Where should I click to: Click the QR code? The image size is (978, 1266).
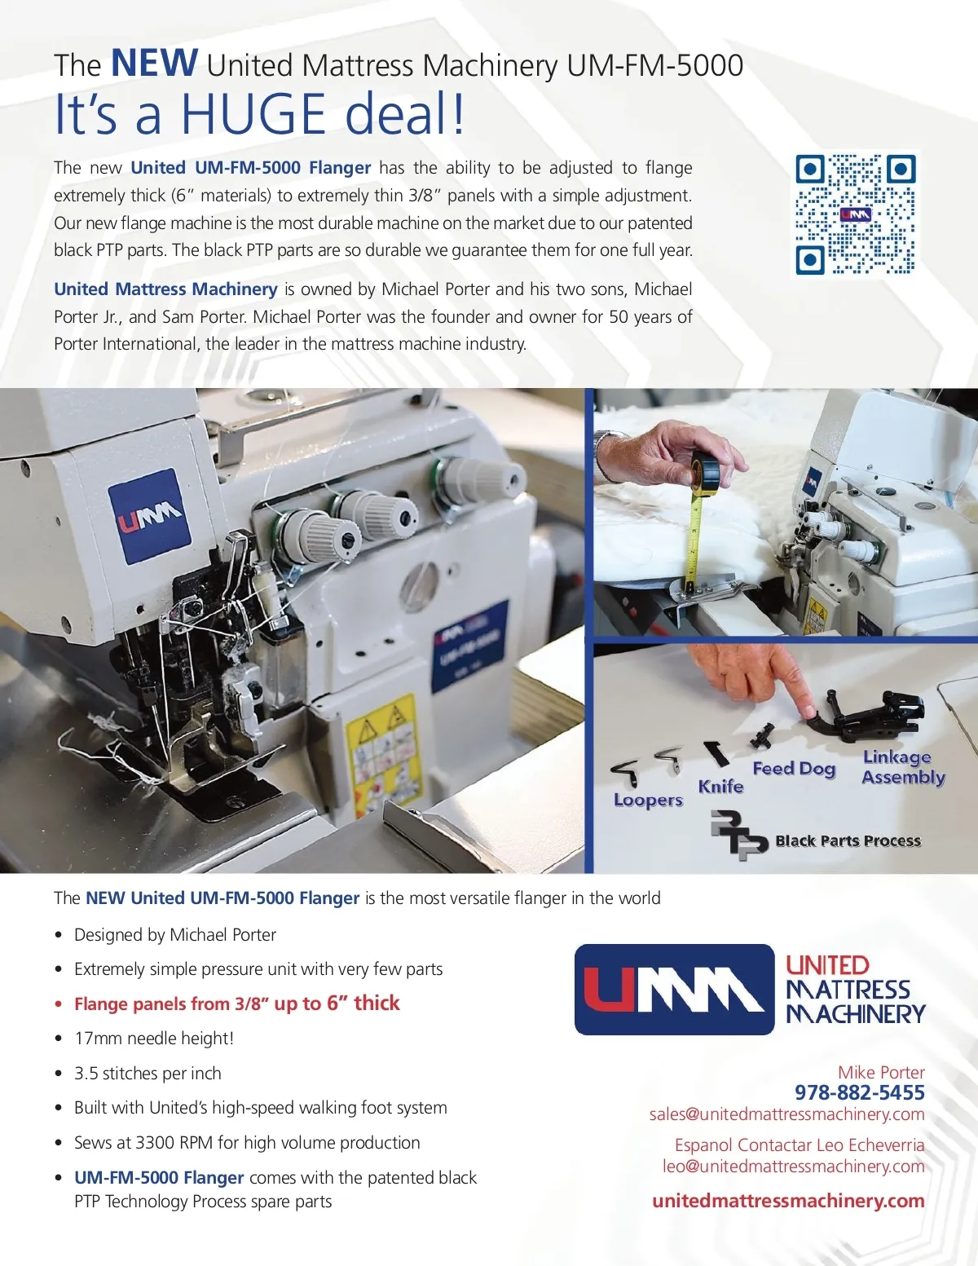(x=855, y=214)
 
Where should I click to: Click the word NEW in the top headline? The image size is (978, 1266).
(x=154, y=63)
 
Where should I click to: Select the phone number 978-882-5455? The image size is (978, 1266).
(x=859, y=1092)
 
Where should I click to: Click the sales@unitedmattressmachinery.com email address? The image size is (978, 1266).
(x=787, y=1114)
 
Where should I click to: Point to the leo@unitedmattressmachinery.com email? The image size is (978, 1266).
(x=793, y=1166)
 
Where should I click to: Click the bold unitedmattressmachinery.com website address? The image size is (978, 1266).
(x=788, y=1201)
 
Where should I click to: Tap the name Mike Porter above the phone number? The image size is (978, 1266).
(x=881, y=1072)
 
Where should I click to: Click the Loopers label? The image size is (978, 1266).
(x=648, y=800)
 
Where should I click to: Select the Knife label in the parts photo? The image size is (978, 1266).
(x=720, y=787)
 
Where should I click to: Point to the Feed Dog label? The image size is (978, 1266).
(x=794, y=769)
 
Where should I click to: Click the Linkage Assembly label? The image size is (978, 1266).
(x=903, y=767)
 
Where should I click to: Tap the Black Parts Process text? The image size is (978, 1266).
(x=848, y=840)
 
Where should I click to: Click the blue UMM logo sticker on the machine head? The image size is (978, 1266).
(x=150, y=515)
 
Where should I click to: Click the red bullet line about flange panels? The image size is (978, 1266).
(x=236, y=1004)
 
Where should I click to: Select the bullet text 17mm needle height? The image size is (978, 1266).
(x=154, y=1039)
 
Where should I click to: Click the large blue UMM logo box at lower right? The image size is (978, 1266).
(x=674, y=990)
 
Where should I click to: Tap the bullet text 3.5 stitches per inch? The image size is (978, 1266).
(x=148, y=1073)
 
